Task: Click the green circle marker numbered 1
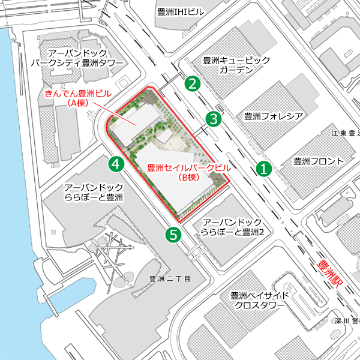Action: click(263, 169)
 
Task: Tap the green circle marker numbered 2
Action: click(192, 83)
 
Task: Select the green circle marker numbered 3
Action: click(212, 119)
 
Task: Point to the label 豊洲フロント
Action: click(319, 161)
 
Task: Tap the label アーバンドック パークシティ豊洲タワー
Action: click(77, 58)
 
